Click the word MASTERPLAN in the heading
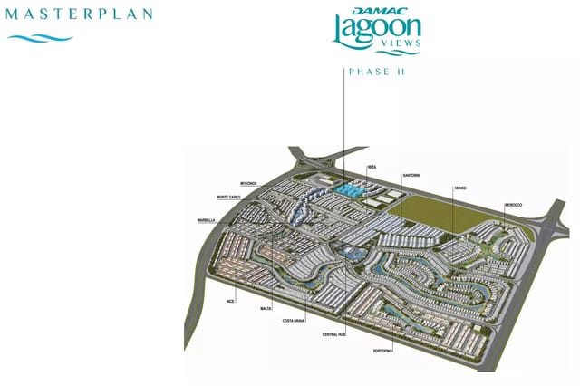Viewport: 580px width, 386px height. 80,14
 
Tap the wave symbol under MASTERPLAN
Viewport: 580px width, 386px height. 41,38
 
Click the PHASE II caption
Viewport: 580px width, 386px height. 375,72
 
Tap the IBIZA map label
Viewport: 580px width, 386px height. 372,168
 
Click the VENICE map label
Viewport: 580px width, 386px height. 459,188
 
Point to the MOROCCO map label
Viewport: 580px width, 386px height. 514,205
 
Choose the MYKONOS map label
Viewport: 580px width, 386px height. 249,183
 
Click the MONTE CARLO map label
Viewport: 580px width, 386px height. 228,197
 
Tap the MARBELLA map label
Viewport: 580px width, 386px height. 206,220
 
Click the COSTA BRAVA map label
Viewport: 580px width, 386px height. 294,321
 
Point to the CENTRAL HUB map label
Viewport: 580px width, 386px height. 334,334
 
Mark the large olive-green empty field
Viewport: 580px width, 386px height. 426,212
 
